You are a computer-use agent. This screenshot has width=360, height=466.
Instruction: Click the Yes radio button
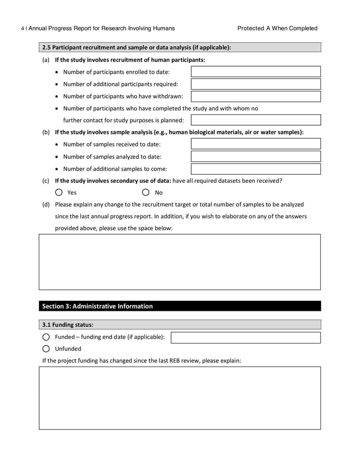59,192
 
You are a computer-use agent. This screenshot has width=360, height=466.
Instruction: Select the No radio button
146,192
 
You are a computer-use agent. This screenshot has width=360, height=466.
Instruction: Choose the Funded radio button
46,337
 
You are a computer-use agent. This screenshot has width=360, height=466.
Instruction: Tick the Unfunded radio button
46,348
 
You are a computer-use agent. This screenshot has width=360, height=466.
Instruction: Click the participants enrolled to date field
256,72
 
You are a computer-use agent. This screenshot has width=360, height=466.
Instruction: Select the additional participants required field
256,84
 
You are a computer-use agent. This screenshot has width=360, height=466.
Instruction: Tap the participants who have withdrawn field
256,96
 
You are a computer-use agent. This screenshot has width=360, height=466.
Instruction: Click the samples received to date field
256,144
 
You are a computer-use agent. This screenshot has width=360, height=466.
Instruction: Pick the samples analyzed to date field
256,157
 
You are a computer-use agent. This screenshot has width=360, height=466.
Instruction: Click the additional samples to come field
256,169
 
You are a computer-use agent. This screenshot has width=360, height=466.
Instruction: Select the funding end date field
246,338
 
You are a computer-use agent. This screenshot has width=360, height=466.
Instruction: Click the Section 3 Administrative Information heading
98,306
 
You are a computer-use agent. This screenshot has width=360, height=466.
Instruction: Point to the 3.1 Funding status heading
68,325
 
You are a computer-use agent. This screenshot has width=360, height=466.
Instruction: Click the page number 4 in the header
22,28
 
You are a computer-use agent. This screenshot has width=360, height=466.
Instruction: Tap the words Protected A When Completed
277,28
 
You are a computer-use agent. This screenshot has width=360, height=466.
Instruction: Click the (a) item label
45,60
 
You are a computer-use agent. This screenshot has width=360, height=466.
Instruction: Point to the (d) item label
45,204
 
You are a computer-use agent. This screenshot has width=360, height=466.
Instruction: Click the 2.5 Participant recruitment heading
137,47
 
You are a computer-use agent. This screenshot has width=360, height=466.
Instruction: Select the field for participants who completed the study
256,120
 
